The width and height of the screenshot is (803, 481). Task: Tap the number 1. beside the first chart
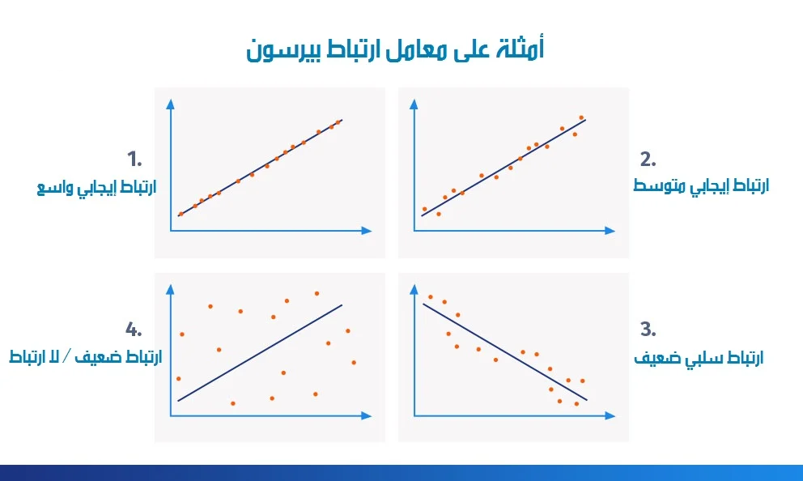pyautogui.click(x=134, y=157)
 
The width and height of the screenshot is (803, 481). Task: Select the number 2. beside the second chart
pyautogui.click(x=648, y=158)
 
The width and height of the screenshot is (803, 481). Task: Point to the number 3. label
pyautogui.click(x=648, y=329)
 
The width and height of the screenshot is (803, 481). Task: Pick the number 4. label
pyautogui.click(x=134, y=329)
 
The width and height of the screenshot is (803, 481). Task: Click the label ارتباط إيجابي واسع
pyautogui.click(x=96, y=187)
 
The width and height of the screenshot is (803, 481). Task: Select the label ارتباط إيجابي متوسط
pyautogui.click(x=701, y=185)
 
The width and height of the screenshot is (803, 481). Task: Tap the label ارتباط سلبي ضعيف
pyautogui.click(x=699, y=357)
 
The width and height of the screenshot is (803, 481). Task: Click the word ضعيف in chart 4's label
pyautogui.click(x=95, y=357)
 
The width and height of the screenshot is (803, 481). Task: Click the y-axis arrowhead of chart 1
pyautogui.click(x=171, y=104)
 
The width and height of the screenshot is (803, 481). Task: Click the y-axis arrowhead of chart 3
pyautogui.click(x=414, y=287)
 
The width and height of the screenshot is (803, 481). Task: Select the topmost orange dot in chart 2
pyautogui.click(x=581, y=117)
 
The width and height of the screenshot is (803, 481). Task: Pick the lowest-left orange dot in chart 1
pyautogui.click(x=181, y=214)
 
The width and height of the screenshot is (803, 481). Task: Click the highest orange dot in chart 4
pyautogui.click(x=317, y=293)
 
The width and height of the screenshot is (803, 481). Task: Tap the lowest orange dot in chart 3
pyautogui.click(x=576, y=403)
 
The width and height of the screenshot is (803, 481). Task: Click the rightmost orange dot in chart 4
pyautogui.click(x=354, y=362)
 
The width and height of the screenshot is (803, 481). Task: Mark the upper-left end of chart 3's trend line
pyautogui.click(x=423, y=304)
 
